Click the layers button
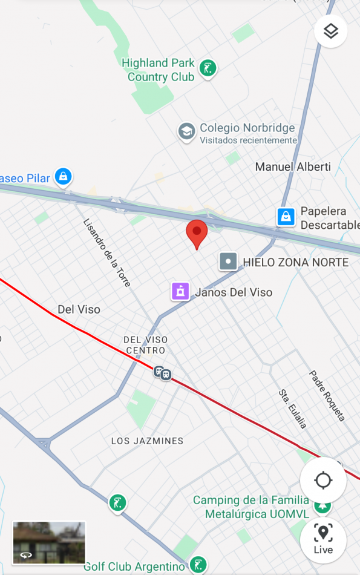(x=330, y=31)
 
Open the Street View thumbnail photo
(x=49, y=542)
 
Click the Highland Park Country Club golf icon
(x=208, y=68)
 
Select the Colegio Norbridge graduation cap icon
(x=186, y=131)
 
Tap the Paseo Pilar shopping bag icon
(x=62, y=177)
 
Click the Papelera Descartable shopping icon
(x=286, y=216)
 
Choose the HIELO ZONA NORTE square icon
(x=227, y=261)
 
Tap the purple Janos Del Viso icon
(x=180, y=291)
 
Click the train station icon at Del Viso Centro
(x=162, y=373)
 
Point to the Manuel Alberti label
(x=293, y=166)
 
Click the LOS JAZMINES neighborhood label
(x=147, y=441)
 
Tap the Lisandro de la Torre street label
(x=107, y=252)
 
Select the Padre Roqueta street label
(x=327, y=396)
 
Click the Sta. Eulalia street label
(x=293, y=409)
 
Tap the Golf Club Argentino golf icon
(x=197, y=566)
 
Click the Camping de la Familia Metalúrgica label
(x=250, y=507)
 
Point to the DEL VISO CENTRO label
(x=145, y=345)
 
